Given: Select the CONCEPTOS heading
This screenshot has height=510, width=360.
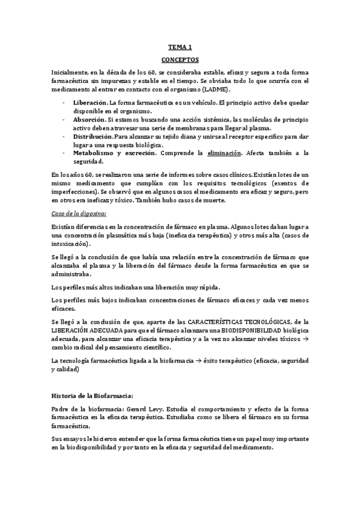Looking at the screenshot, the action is [x=180, y=60].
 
